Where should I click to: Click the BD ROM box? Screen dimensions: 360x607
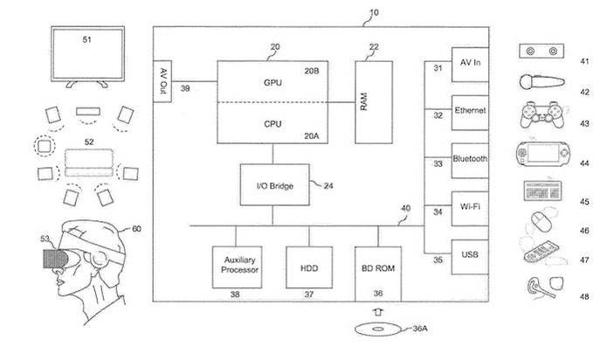[378, 265]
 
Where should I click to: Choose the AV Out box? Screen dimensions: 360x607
[163, 80]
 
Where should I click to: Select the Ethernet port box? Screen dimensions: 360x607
[468, 114]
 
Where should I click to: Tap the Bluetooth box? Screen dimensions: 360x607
[468, 161]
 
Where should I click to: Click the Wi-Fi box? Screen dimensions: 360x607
[468, 209]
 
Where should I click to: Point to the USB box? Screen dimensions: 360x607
[468, 256]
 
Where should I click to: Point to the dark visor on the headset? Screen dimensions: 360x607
[54, 259]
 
